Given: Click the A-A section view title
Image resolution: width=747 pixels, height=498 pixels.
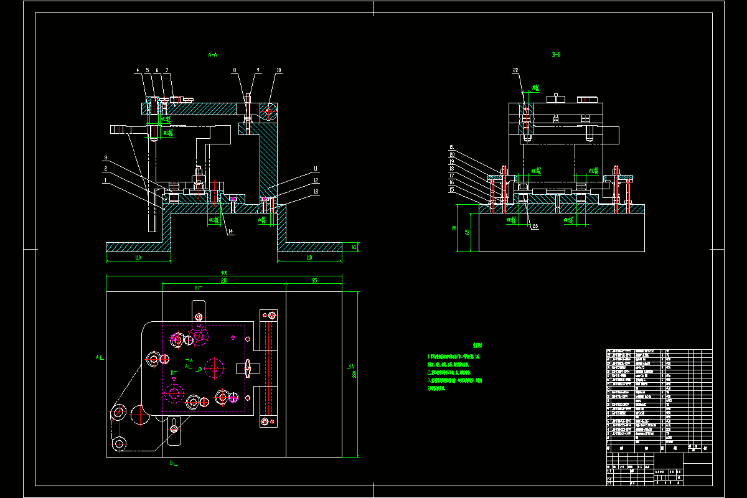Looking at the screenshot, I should (212, 55).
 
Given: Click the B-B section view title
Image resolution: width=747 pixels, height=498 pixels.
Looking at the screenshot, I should (557, 55).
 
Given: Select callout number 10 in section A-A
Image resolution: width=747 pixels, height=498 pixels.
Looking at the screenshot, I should (279, 70).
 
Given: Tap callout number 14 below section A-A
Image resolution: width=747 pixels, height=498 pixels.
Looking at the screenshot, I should (230, 232).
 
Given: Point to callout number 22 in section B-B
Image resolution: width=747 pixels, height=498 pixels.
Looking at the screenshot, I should (515, 70).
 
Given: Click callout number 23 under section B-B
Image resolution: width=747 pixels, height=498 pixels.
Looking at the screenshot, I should (534, 227).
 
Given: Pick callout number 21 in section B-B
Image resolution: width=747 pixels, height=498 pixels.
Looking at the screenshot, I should (452, 147).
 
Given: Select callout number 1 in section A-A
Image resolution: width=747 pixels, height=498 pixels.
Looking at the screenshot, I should (106, 180).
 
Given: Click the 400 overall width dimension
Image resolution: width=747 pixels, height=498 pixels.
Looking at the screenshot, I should (224, 273).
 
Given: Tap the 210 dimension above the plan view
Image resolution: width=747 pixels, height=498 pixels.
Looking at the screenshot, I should (223, 281).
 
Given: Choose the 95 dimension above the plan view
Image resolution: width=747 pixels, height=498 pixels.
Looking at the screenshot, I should (314, 281).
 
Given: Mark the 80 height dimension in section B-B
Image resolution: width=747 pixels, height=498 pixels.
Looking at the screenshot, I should (454, 228).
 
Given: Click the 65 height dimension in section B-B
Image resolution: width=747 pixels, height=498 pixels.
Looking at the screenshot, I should (467, 232).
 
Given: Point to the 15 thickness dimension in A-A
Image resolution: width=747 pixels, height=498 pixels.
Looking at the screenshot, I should (354, 247).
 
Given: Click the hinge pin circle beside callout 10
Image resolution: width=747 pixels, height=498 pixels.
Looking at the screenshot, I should (269, 111).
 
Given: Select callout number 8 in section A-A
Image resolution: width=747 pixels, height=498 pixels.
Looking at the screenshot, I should (234, 70).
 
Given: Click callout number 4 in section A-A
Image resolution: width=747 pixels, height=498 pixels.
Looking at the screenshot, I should (137, 70).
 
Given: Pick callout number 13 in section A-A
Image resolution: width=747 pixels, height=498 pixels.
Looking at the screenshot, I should (316, 192).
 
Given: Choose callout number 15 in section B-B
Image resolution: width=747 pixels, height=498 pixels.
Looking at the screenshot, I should (452, 189).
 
